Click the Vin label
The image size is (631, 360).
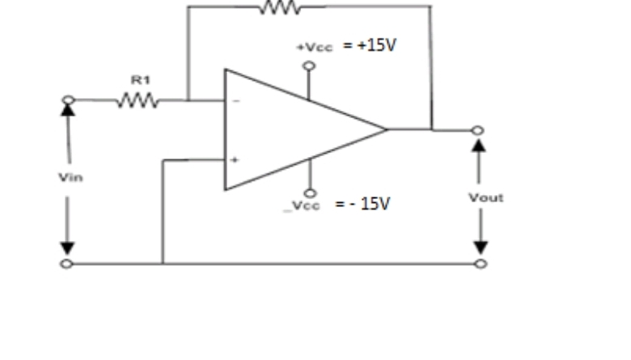point(66,176)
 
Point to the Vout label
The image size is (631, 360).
point(485,197)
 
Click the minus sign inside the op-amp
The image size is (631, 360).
point(236,102)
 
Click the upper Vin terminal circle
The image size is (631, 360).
point(68,100)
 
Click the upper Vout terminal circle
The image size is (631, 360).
point(479,130)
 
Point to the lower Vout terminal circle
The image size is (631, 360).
point(481,264)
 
